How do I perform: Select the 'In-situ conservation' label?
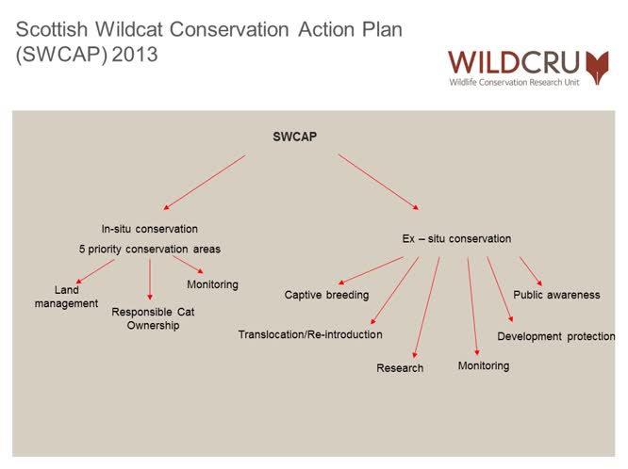coord(150,229)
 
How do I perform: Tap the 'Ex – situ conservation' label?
coord(456,239)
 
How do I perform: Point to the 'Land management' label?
coord(73,297)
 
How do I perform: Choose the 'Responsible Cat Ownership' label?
coord(153,318)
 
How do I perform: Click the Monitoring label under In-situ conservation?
coord(212,284)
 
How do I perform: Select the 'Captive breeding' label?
coord(326,296)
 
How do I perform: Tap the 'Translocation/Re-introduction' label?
coord(310,334)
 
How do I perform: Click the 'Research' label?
coord(400,368)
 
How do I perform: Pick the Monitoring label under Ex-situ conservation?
coord(483,365)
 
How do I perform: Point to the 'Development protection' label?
coord(555,336)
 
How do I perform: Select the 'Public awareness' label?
coord(556,295)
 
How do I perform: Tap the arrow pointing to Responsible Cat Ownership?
coord(150,280)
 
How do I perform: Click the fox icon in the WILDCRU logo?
coord(597,67)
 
